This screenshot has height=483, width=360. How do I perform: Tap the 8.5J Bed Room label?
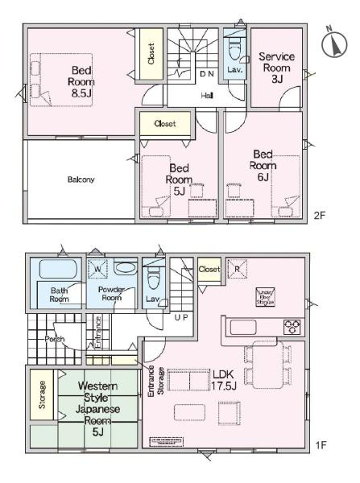tap(81, 81)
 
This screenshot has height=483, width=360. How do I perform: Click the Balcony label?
tap(81, 180)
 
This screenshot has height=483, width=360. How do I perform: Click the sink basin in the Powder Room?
tap(125, 268)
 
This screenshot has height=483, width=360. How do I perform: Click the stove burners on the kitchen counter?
tap(291, 326)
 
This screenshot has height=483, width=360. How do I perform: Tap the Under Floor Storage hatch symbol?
tap(265, 295)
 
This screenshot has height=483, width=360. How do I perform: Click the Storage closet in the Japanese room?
tap(43, 395)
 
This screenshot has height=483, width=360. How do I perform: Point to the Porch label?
tap(55, 339)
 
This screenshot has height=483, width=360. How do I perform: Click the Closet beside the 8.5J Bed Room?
tap(151, 54)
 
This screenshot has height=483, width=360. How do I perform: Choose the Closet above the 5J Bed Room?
tap(166, 124)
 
